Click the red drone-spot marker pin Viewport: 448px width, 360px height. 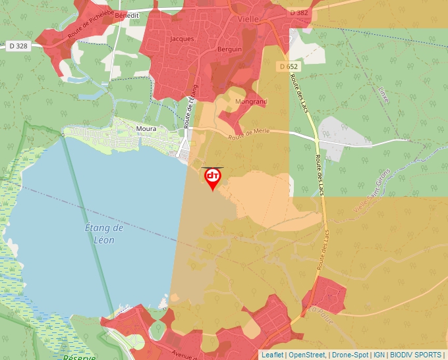212,178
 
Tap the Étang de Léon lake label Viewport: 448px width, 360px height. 104,234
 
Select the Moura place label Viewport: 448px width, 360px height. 146,129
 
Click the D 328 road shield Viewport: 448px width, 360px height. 18,45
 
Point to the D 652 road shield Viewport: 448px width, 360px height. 288,66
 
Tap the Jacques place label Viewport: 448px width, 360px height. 182,39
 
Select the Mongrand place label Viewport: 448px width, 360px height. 251,102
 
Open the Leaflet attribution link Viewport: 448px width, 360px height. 272,355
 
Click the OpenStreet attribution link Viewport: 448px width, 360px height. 307,355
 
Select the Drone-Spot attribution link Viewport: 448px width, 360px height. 350,355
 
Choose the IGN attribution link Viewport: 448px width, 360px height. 379,355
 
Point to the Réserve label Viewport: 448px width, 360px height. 79,357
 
